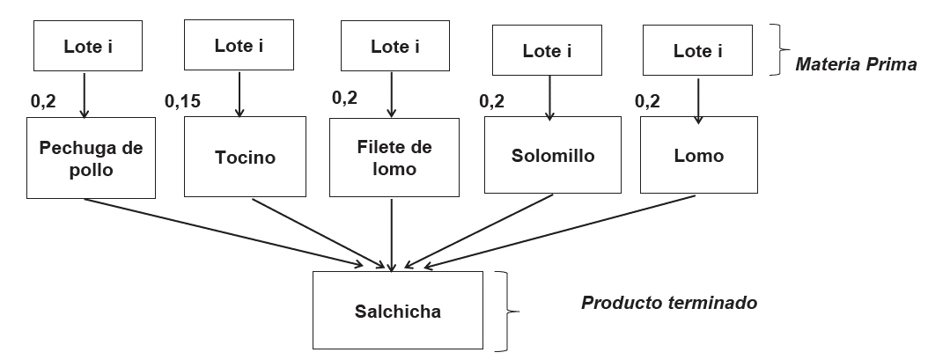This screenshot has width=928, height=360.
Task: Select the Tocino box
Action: [x=245, y=158]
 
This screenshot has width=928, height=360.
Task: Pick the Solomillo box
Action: [x=552, y=156]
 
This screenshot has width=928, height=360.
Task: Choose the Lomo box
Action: [x=699, y=156]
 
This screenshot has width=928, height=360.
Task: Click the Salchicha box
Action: [x=398, y=310]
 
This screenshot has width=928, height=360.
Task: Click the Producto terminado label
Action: [x=669, y=302]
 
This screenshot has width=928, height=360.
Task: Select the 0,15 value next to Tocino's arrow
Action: [x=182, y=100]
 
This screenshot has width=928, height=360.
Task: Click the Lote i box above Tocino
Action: [x=239, y=46]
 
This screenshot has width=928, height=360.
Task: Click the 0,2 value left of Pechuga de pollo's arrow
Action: [x=42, y=100]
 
